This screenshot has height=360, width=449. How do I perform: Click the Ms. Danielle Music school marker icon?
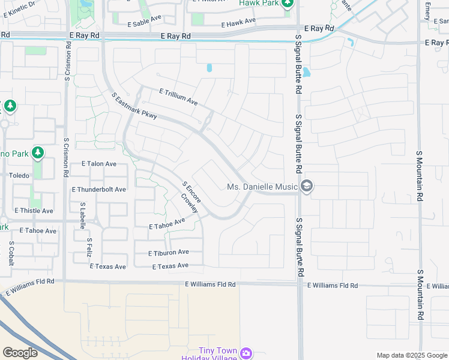tap(307, 187)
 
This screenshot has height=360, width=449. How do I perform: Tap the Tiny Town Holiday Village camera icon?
tap(246, 353)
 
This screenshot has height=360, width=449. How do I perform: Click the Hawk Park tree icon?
tap(287, 4)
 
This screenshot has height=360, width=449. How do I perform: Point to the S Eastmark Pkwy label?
tap(134, 105)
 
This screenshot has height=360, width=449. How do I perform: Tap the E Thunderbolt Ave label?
tap(98, 189)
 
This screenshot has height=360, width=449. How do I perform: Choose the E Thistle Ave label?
tap(34, 211)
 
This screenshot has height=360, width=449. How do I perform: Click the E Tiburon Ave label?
tap(169, 253)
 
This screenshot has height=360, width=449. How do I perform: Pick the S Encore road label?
tap(191, 192)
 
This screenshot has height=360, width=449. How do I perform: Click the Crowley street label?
tap(189, 202)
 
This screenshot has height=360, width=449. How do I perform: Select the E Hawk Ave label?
tap(238, 22)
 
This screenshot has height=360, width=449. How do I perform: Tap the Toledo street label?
tap(19, 176)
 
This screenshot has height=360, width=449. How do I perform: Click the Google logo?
tap(20, 353)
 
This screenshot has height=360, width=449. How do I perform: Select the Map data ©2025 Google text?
tap(411, 355)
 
